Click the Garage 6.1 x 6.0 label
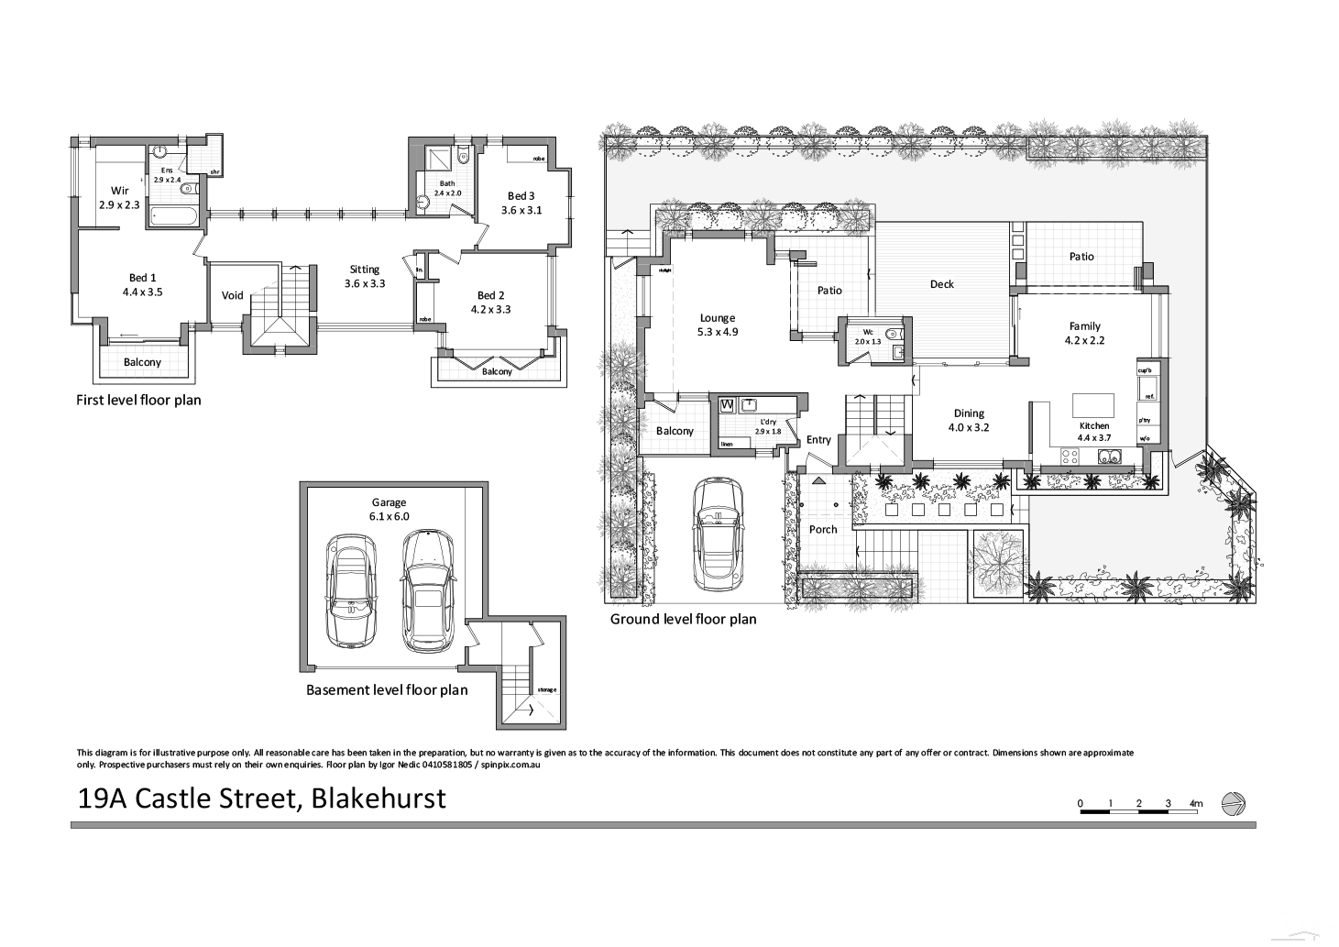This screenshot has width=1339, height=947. [389, 509]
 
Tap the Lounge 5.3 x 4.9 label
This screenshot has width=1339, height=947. [717, 325]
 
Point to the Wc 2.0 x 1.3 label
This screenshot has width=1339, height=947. [867, 336]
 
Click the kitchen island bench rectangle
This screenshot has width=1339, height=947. [1092, 404]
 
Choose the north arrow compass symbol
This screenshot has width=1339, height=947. [1234, 803]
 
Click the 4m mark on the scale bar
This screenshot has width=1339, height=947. [1195, 804]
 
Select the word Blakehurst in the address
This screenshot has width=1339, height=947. [379, 798]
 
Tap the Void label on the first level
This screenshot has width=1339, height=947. [233, 295]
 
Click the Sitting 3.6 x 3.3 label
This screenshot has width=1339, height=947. [364, 276]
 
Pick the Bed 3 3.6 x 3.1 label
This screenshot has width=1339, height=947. [521, 203]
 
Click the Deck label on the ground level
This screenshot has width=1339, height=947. [941, 284]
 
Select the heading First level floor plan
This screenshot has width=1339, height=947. [138, 400]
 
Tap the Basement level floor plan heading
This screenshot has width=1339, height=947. [386, 689]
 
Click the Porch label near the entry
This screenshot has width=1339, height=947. [823, 529]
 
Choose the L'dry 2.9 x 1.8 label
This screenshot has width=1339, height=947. [768, 426]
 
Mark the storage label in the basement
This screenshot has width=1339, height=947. [547, 689]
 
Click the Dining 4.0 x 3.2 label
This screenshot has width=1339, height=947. [968, 420]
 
